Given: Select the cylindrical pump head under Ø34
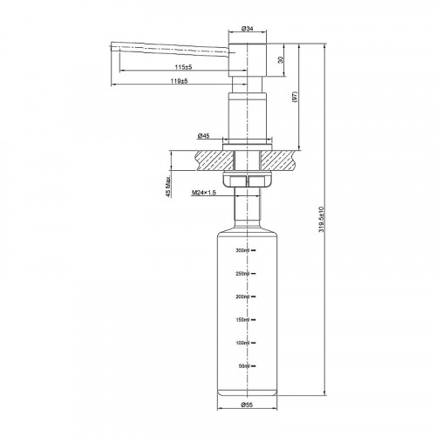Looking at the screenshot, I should tap(247, 61).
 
